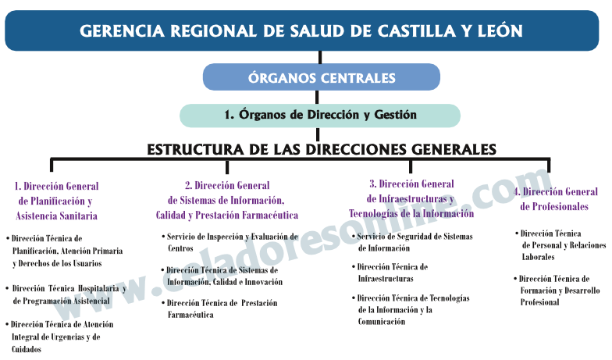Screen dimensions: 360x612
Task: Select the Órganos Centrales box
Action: point(321,77)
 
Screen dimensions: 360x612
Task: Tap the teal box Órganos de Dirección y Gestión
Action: point(320,115)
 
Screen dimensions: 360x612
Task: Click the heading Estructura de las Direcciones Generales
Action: point(321,148)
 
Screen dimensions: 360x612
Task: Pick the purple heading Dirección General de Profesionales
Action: point(555,199)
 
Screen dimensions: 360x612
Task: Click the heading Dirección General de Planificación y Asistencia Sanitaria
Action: point(57,201)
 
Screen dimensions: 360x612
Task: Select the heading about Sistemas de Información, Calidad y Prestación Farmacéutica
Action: point(227,200)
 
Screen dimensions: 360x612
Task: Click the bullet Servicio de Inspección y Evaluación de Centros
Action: point(232,242)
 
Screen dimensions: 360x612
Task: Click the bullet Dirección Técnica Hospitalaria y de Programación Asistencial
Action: point(68,294)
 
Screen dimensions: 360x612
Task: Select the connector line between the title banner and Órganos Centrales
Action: point(320,57)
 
